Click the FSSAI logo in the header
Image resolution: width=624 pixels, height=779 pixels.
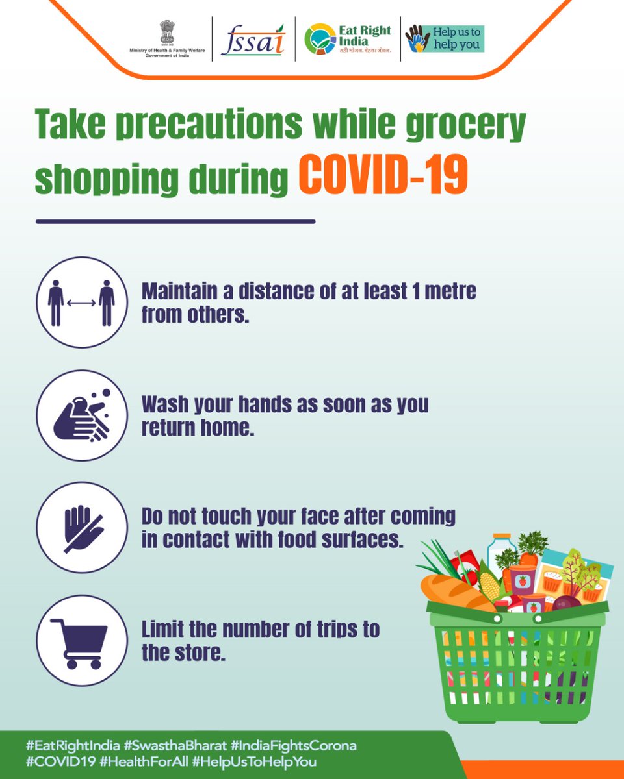[253, 40]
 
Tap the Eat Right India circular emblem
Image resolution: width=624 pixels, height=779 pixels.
[320, 39]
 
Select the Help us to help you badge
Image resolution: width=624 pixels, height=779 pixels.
[445, 39]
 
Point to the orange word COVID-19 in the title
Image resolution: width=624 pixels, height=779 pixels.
[383, 174]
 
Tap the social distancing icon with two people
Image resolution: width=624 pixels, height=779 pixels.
[81, 303]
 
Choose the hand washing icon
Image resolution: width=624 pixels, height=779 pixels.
[81, 415]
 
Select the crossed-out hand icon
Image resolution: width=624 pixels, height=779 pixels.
[81, 527]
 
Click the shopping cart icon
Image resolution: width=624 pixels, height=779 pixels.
[81, 640]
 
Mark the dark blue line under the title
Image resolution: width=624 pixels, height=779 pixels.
[175, 221]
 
